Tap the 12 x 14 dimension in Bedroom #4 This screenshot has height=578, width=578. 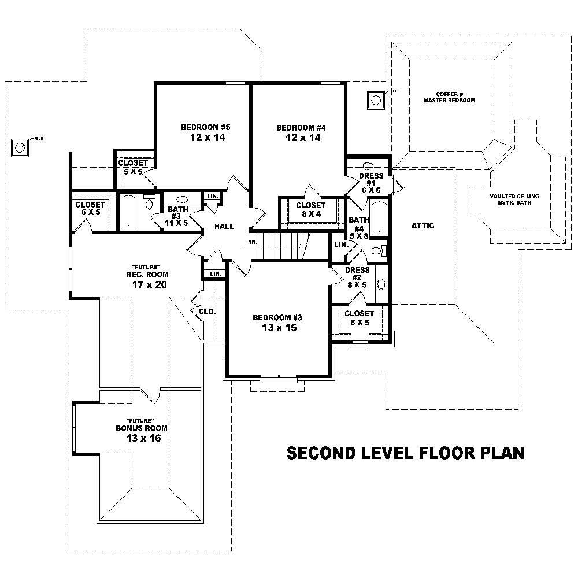[x=298, y=138]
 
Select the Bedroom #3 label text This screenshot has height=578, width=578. [x=277, y=317]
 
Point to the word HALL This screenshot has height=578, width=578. [x=224, y=227]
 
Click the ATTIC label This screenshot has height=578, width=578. [x=423, y=225]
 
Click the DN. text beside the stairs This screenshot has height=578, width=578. [x=253, y=243]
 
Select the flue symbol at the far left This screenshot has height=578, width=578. [x=20, y=147]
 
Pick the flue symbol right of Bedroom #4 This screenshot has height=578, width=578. [x=376, y=100]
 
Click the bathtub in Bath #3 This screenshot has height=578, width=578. [x=128, y=212]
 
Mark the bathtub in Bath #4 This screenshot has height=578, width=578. [x=379, y=218]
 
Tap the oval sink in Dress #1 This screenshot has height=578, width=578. [x=368, y=165]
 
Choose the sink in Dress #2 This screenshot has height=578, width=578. [x=381, y=284]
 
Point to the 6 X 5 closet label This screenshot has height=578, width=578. [x=90, y=212]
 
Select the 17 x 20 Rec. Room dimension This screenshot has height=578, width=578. [x=147, y=284]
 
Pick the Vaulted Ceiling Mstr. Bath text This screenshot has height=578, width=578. [x=514, y=200]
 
